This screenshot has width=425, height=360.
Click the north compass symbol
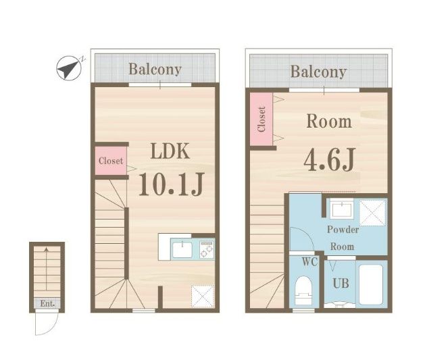[x=69, y=68]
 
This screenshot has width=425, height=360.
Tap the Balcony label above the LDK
[x=155, y=70]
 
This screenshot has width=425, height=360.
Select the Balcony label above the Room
[x=318, y=72]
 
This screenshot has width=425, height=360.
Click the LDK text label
[x=170, y=151]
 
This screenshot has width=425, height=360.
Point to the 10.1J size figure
[x=171, y=184]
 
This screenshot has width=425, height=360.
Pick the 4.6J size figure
[x=329, y=159]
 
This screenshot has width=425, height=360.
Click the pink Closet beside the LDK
[x=111, y=161]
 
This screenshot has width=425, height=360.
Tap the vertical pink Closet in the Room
[x=261, y=119]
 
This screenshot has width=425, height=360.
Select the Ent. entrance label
[x=47, y=303]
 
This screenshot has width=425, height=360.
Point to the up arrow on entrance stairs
[x=47, y=269]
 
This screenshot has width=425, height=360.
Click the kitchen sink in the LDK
[x=182, y=250]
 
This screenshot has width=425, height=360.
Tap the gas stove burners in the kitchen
[x=207, y=249]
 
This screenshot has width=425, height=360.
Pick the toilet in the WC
[x=304, y=291]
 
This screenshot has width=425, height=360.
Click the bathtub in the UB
[x=371, y=284]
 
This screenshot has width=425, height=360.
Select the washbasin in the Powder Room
[x=341, y=209]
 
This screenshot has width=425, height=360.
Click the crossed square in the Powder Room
[x=372, y=213]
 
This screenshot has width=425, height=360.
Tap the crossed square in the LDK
[x=203, y=297]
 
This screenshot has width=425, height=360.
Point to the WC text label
[x=309, y=261]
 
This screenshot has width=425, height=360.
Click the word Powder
[x=343, y=230]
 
